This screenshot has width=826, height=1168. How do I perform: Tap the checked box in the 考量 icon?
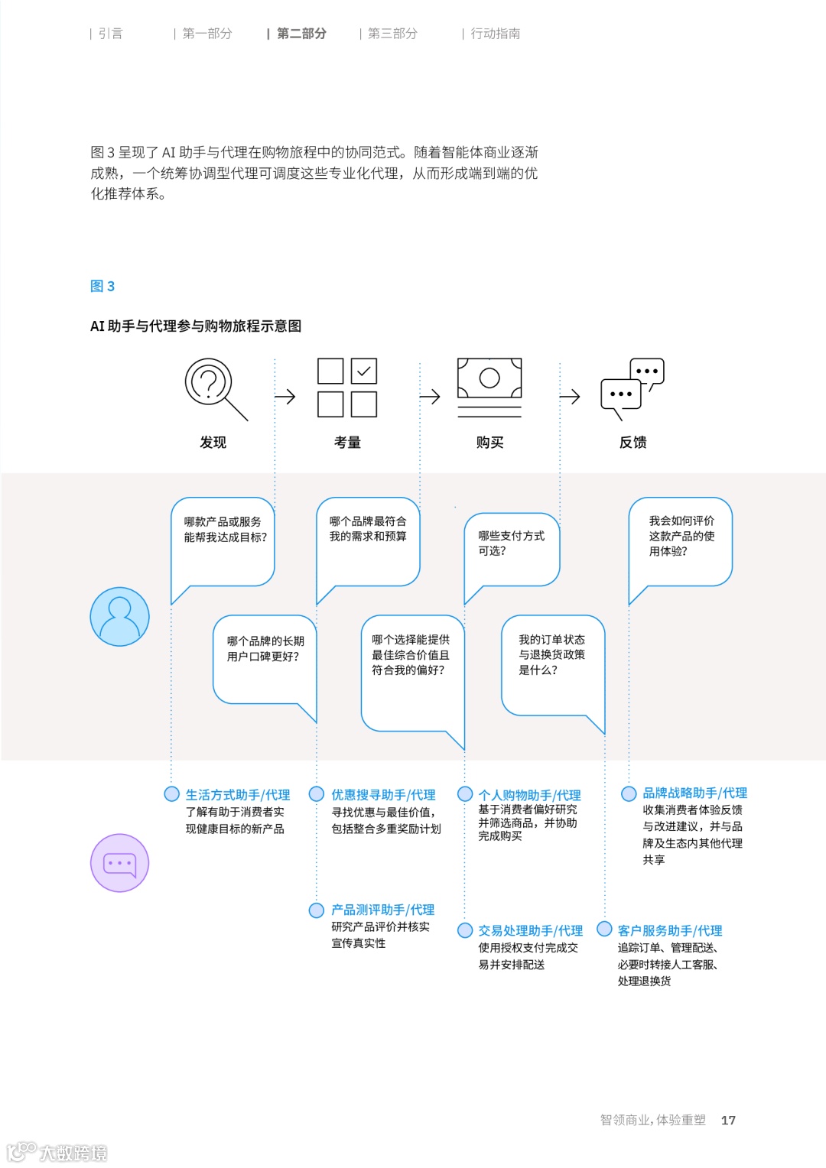pos(364,371)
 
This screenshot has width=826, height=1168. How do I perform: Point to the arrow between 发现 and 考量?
pos(285,397)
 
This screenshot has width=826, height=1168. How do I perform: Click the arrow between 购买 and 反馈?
pos(570,397)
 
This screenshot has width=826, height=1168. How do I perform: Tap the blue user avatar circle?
pos(119,616)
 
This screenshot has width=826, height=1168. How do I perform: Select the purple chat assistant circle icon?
pos(119,863)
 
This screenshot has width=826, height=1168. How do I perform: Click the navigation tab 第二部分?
pos(301,34)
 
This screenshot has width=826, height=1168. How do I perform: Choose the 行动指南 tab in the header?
pos(495,34)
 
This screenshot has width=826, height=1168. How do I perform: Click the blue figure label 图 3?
pos(102,287)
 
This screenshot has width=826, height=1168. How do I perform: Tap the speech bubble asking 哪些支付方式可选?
pos(512,544)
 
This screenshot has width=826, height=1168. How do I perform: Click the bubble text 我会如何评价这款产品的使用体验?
pos(681,536)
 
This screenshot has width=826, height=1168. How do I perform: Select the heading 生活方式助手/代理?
pos(238,795)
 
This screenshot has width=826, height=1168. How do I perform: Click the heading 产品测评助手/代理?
pos(382,910)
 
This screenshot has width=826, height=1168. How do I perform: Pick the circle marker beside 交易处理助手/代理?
pos(465,930)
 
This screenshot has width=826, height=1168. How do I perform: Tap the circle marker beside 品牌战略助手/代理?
pos(629,793)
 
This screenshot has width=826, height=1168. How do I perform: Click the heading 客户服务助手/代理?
pos(670,930)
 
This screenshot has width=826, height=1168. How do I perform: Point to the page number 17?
pos(728,1120)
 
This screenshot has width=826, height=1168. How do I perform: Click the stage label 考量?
pos(347,443)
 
